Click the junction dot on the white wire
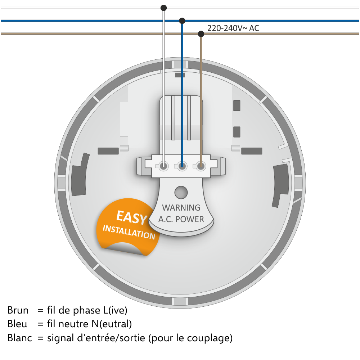(x=163, y=8)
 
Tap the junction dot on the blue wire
(x=182, y=21)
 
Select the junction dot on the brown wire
(x=201, y=34)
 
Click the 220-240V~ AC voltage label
(x=233, y=28)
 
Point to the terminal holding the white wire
(x=163, y=166)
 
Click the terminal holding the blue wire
(x=182, y=166)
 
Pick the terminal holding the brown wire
(x=201, y=166)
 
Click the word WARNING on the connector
(x=181, y=208)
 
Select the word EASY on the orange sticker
(x=131, y=217)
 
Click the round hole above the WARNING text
(x=181, y=192)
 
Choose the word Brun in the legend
(x=18, y=310)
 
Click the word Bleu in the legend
(x=17, y=324)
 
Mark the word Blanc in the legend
(x=20, y=338)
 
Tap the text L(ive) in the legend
(x=115, y=310)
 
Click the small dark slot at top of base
(x=180, y=75)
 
